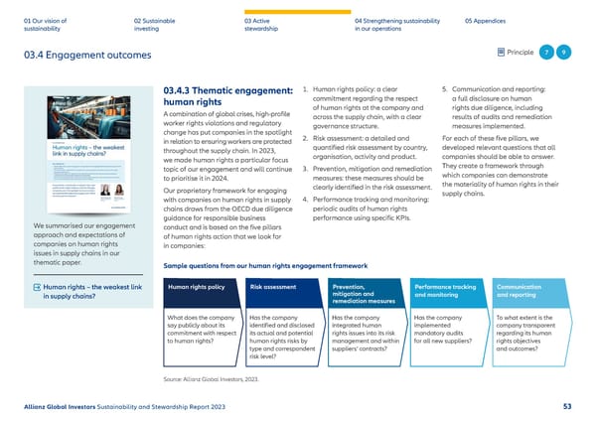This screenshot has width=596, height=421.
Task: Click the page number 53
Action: (566, 405)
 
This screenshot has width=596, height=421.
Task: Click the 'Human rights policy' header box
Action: (202, 287)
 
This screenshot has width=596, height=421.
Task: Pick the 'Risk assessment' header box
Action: (284, 287)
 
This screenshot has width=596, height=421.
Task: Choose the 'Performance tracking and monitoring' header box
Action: (448, 291)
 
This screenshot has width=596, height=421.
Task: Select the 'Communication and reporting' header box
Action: (529, 291)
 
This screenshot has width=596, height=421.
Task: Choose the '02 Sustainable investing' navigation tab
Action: (155, 24)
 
